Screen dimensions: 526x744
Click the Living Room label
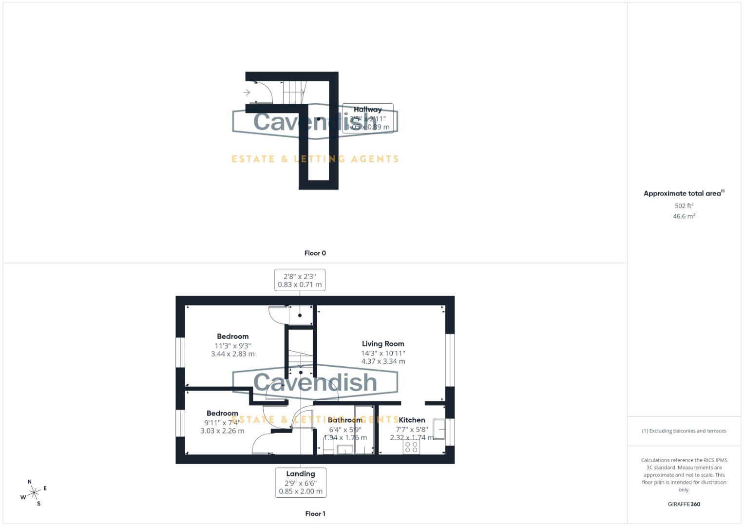(383, 344)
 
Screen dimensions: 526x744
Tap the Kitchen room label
(412, 420)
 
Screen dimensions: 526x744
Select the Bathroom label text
(345, 420)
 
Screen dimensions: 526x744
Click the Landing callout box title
(300, 474)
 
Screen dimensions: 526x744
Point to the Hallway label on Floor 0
(367, 110)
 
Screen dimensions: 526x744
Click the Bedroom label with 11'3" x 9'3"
(232, 337)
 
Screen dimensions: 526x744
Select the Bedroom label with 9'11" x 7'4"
(222, 413)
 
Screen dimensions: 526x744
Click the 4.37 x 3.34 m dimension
(383, 361)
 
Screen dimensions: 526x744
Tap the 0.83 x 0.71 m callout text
(300, 285)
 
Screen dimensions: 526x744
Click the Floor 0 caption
(315, 253)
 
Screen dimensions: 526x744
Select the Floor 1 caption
(315, 514)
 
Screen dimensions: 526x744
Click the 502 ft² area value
(684, 206)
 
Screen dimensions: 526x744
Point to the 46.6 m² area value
(684, 216)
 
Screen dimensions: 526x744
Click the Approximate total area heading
(683, 193)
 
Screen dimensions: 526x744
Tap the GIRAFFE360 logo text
(684, 505)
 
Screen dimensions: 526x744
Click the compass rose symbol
(34, 493)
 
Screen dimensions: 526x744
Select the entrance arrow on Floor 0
(247, 92)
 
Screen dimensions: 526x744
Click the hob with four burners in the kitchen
(411, 447)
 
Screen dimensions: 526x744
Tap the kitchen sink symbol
(439, 429)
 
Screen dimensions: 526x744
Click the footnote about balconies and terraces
(684, 431)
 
